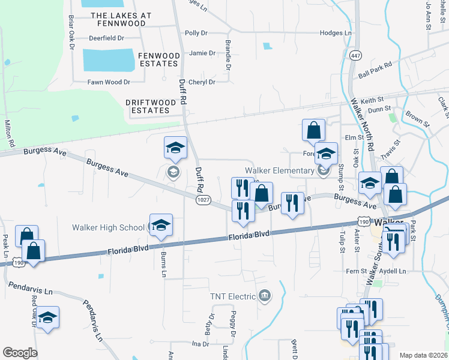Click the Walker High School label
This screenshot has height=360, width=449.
[x=108, y=227]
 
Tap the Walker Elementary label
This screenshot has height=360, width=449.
[x=279, y=171]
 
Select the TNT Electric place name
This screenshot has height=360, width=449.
[x=233, y=296]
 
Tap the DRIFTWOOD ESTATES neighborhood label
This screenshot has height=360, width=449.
[x=151, y=106]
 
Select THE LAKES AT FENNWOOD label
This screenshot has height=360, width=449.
[x=117, y=19]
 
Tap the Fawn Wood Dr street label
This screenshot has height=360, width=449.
[x=109, y=82]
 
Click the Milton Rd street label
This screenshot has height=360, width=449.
[x=9, y=133]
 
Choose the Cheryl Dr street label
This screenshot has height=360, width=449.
[x=202, y=82]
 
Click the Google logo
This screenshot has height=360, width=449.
[x=20, y=353]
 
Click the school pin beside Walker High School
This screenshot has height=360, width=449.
[x=161, y=226]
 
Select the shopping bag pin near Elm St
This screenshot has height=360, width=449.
[x=313, y=130]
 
